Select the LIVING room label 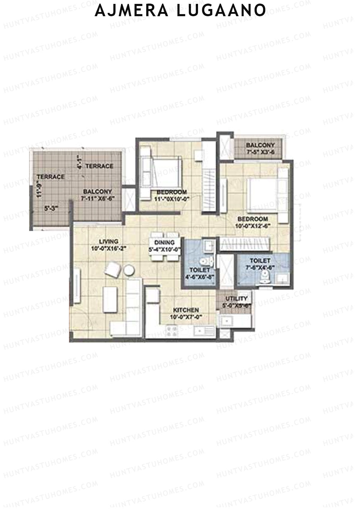pyautogui.click(x=109, y=241)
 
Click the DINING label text pyautogui.click(x=164, y=242)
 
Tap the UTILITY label pyautogui.click(x=237, y=298)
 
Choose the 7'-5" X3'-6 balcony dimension pyautogui.click(x=260, y=152)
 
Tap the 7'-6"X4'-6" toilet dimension pyautogui.click(x=261, y=268)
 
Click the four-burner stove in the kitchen pyautogui.click(x=172, y=331)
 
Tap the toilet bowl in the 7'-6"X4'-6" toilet pyautogui.click(x=265, y=277)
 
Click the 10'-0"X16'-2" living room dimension pyautogui.click(x=109, y=248)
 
